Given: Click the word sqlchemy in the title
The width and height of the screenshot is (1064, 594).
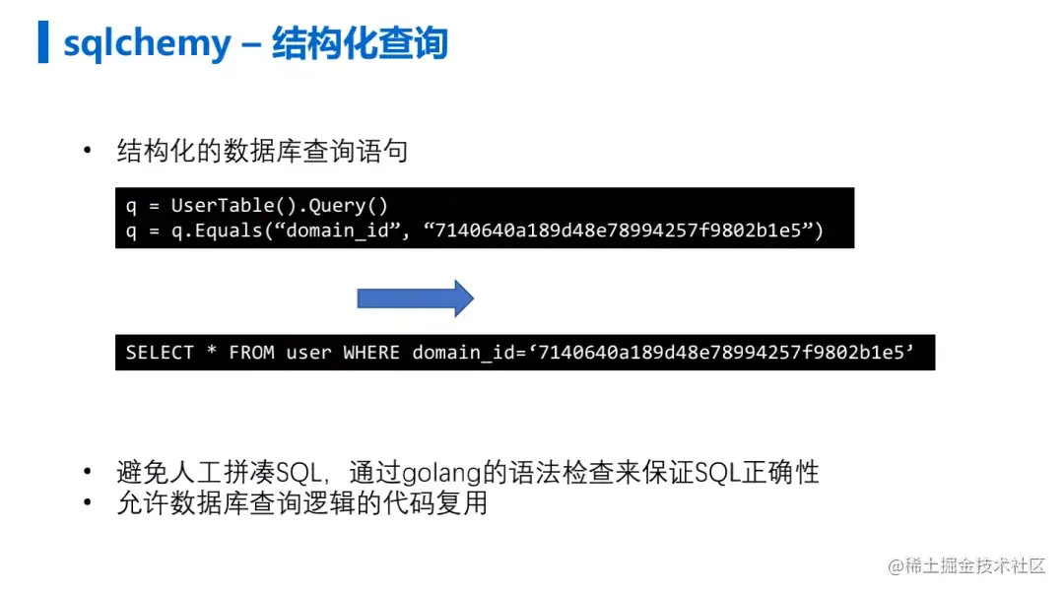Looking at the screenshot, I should [147, 43].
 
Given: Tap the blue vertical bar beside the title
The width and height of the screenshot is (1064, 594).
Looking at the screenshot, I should [43, 41].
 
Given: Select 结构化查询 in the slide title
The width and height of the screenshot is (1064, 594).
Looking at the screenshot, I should [360, 43].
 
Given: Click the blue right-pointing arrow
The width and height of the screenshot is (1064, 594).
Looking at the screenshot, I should [415, 297].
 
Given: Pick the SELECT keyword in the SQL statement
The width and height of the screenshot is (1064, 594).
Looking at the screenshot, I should [160, 353].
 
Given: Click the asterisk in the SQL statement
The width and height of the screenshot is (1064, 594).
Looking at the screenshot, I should [212, 353].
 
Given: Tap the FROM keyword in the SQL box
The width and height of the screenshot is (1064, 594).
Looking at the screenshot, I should [251, 353].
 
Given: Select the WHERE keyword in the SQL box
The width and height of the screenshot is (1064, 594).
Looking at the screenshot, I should [370, 353].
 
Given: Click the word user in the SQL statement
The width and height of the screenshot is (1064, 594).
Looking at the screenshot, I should [308, 353].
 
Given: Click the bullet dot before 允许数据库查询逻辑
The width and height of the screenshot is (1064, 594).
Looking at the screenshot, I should [89, 503].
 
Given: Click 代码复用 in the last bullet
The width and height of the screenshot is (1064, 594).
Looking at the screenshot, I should [448, 503].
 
